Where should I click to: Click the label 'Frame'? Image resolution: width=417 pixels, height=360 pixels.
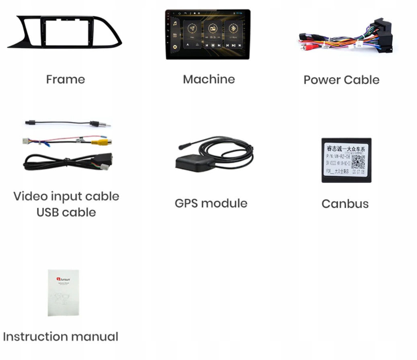(x=66, y=79)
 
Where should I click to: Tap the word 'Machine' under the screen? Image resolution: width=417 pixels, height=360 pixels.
(x=209, y=79)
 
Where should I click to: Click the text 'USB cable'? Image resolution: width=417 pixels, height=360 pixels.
(x=66, y=212)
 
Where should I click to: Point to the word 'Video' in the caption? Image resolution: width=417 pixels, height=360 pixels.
(x=31, y=196)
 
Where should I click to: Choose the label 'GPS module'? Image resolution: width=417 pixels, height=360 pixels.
(x=211, y=203)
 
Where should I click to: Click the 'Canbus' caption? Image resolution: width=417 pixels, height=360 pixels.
(x=345, y=203)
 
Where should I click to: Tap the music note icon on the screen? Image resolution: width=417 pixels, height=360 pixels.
(x=175, y=24)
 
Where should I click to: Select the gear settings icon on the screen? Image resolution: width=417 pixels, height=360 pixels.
(x=175, y=47)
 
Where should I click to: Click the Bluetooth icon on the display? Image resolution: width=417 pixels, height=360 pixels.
(x=233, y=29)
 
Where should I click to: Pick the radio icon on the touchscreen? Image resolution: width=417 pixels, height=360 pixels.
(x=212, y=29)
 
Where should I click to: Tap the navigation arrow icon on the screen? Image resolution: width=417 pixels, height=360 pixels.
(x=192, y=29)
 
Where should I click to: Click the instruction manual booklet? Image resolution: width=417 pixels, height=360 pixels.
(x=63, y=292)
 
